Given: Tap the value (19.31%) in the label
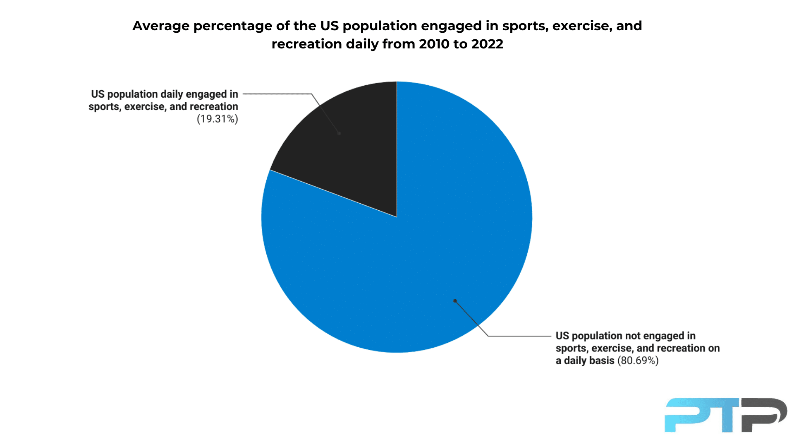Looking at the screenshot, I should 217,119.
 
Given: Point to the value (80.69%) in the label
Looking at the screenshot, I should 638,360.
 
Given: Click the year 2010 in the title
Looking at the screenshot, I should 434,44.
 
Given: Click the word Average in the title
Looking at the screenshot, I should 161,26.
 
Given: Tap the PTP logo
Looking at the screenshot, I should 725,415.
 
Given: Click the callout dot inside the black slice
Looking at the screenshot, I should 339,133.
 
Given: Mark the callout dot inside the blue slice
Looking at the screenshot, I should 455,301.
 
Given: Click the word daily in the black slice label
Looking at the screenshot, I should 171,94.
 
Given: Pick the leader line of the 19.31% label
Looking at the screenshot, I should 277,94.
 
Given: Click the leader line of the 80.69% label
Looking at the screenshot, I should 519,336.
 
